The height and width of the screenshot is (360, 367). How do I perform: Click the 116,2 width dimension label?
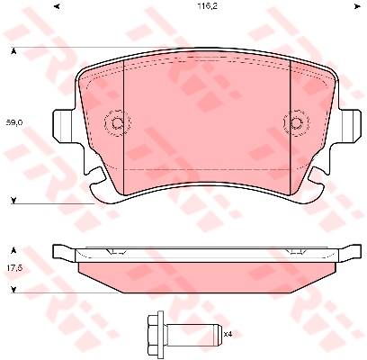tap(207, 6)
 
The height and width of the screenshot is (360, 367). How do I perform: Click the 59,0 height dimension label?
tap(12, 122)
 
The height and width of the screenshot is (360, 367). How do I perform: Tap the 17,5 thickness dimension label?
tap(13, 268)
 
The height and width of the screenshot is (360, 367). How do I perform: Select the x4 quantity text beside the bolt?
tap(228, 334)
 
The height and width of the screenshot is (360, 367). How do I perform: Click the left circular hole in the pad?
tap(117, 123)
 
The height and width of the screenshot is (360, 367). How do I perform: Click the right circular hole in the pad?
tap(296, 123)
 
